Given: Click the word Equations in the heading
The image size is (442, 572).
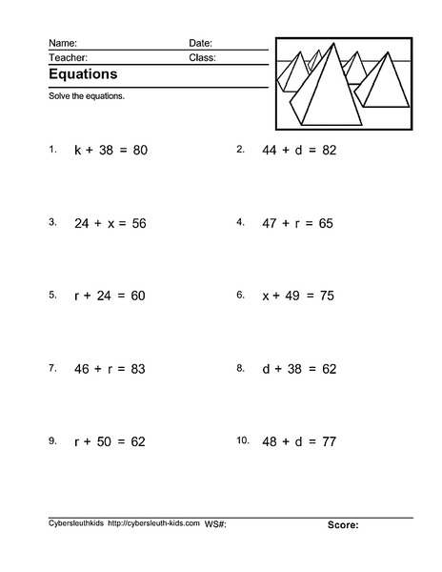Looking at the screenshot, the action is click(83, 73).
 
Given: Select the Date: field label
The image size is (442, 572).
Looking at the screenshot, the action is click(200, 43).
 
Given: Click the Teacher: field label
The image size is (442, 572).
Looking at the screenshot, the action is click(66, 57).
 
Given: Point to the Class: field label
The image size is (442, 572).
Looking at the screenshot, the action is click(202, 57).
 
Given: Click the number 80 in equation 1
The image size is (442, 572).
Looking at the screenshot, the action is click(139, 151).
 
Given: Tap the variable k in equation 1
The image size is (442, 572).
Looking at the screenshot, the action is click(78, 151).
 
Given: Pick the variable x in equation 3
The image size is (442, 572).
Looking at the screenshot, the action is click(110, 223).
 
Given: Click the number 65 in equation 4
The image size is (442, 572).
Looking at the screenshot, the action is click(327, 223).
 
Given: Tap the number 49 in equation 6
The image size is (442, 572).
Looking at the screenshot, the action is click(291, 296).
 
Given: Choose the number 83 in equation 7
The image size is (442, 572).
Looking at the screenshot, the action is click(137, 369).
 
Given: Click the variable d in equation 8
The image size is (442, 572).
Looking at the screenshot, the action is click(267, 369).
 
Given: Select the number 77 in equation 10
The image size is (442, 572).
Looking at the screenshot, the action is click(330, 441).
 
